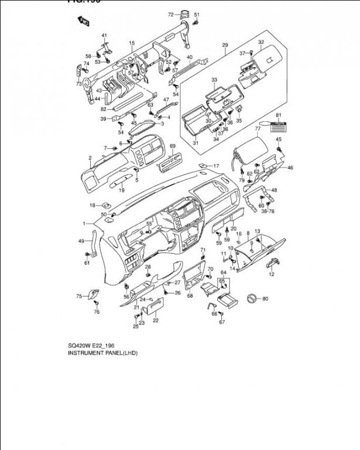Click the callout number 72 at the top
pyautogui.click(x=171, y=14)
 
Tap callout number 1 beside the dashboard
pyautogui.click(x=84, y=224)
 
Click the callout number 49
pyautogui.click(x=81, y=241)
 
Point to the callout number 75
pyautogui.click(x=78, y=296)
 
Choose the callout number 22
pyautogui.click(x=155, y=320)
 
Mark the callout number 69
pyautogui.click(x=173, y=146)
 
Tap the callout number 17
pyautogui.click(x=215, y=166)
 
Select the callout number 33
pyautogui.click(x=214, y=79)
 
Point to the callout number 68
pyautogui.click(x=190, y=296)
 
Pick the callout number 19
pyautogui.click(x=122, y=190)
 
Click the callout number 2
pyautogui.click(x=91, y=158)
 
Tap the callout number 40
pyautogui.click(x=190, y=57)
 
